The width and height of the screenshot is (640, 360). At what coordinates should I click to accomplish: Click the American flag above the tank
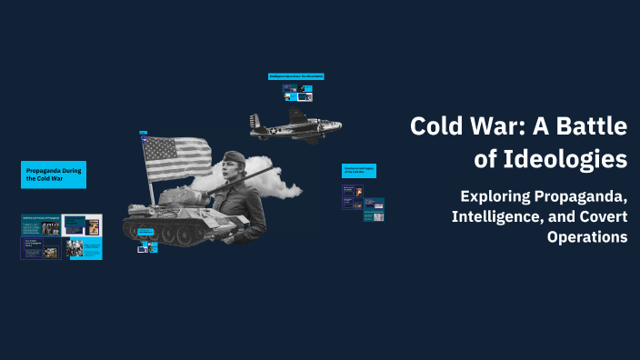coord(176,158)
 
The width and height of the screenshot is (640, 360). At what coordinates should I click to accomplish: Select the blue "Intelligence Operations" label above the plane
coord(296,76)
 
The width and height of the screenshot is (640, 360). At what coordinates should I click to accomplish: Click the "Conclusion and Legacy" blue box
coord(359,170)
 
